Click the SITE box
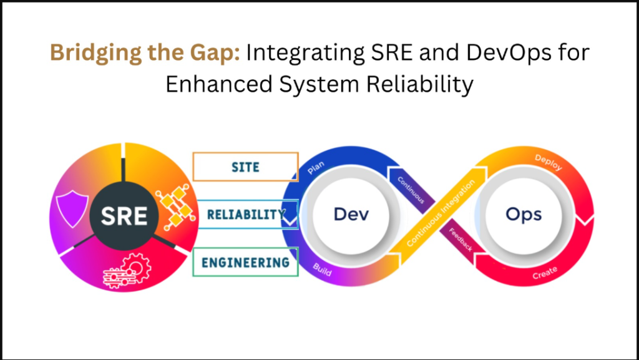[245, 167]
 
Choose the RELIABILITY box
[247, 214]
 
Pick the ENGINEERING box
[245, 262]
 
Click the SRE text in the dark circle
[124, 216]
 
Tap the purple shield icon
[72, 210]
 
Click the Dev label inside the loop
[351, 214]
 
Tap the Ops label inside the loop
[524, 214]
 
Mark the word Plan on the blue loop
[316, 167]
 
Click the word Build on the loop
[322, 270]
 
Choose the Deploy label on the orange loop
[548, 162]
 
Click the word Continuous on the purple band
[411, 190]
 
